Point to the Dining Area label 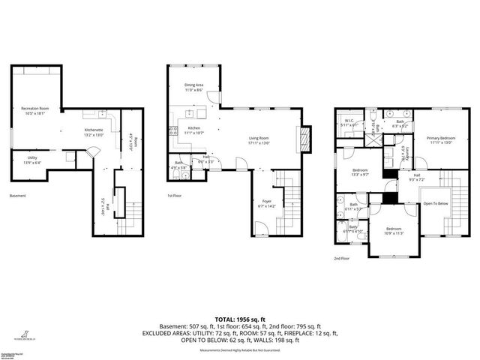[x=194, y=87]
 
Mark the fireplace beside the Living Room [x=304, y=139]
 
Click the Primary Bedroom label [x=441, y=139]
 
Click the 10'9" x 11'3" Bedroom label [x=394, y=230]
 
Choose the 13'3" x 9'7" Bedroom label [x=360, y=172]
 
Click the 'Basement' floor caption [x=17, y=196]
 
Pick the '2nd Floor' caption [x=341, y=258]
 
